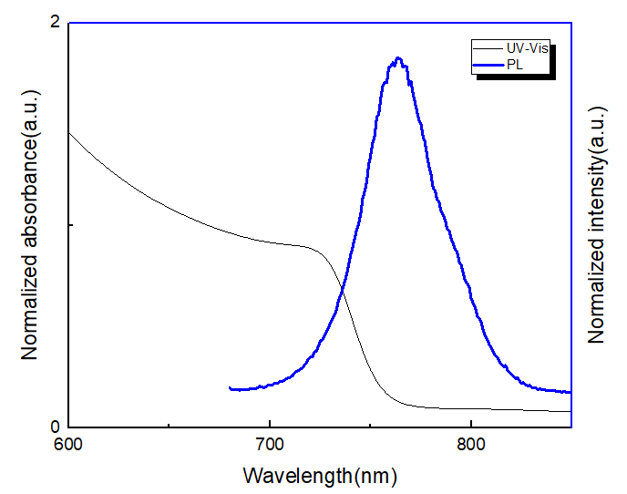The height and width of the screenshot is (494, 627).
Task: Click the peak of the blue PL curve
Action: pos(397,60)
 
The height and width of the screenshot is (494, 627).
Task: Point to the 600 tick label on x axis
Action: pos(69,446)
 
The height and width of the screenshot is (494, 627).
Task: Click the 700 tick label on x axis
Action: pos(270,446)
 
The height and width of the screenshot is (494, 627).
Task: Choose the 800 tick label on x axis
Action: pos(470,446)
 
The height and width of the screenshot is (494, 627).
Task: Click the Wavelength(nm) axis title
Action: pos(320,475)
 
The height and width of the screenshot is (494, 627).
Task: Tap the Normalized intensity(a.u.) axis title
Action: pos(597,224)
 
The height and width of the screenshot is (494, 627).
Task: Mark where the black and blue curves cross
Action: pos(343,291)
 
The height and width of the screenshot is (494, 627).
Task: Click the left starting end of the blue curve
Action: pos(230,388)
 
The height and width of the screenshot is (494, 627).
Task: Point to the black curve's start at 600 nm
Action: pos(70,133)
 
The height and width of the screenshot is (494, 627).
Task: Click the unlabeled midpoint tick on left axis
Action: pos(72,224)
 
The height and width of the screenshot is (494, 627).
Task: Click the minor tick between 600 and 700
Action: pos(170,425)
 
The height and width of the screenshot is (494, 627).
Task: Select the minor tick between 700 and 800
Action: pos(370,425)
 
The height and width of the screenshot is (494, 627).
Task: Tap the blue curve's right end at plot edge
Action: pos(570,393)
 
